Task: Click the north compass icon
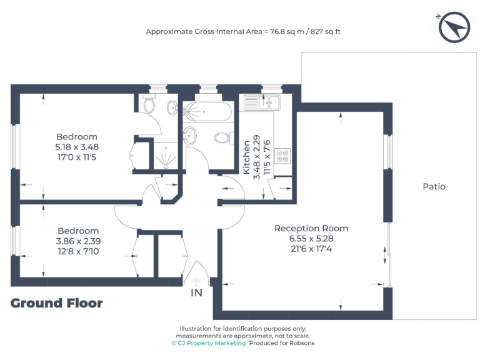pyautogui.click(x=454, y=27)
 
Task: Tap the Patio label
pyautogui.click(x=434, y=186)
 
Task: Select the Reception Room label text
pyautogui.click(x=311, y=228)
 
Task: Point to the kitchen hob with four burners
pyautogui.click(x=282, y=155)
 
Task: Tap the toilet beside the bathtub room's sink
pyautogui.click(x=221, y=137)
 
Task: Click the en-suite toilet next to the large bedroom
pyautogui.click(x=149, y=105)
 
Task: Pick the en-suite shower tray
pyautogui.click(x=166, y=155)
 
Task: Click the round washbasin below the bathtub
pyautogui.click(x=190, y=134)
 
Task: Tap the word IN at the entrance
pyautogui.click(x=196, y=292)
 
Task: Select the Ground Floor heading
pyautogui.click(x=56, y=304)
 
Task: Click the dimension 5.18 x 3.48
pyautogui.click(x=77, y=147)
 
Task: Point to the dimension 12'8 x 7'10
pyautogui.click(x=78, y=251)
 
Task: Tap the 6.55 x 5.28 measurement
pyautogui.click(x=311, y=239)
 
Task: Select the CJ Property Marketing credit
pyautogui.click(x=209, y=343)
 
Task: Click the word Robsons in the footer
pyautogui.click(x=301, y=343)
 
